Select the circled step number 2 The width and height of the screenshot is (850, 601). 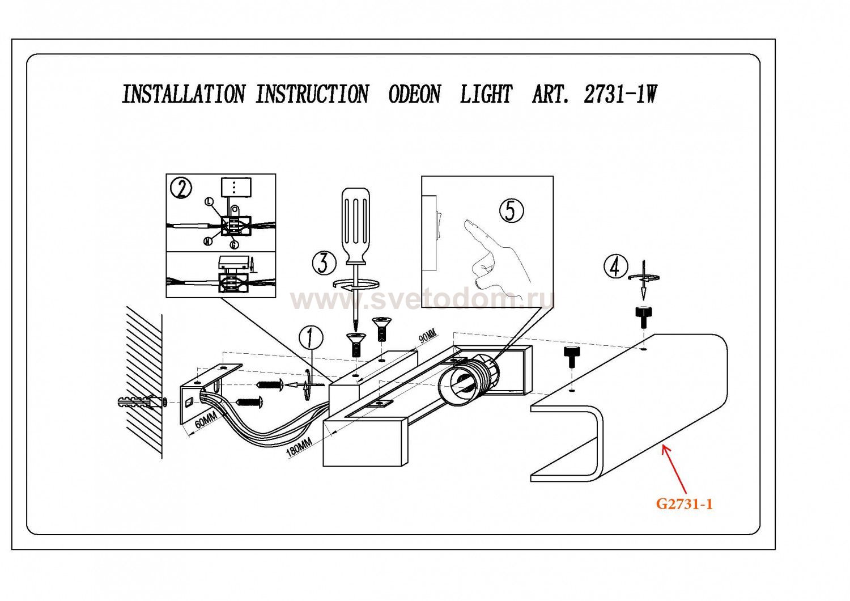point(181,188)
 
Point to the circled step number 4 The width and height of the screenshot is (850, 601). point(615,266)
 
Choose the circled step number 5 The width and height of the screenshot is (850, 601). point(511,211)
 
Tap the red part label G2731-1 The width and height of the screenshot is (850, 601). point(684,503)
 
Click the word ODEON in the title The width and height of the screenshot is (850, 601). point(414,94)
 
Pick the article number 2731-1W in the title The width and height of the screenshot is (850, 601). point(620,94)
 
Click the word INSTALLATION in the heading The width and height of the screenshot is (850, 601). point(184,94)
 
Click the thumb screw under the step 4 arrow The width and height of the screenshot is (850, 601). point(643,316)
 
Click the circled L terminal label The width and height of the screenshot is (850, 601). point(209,201)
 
